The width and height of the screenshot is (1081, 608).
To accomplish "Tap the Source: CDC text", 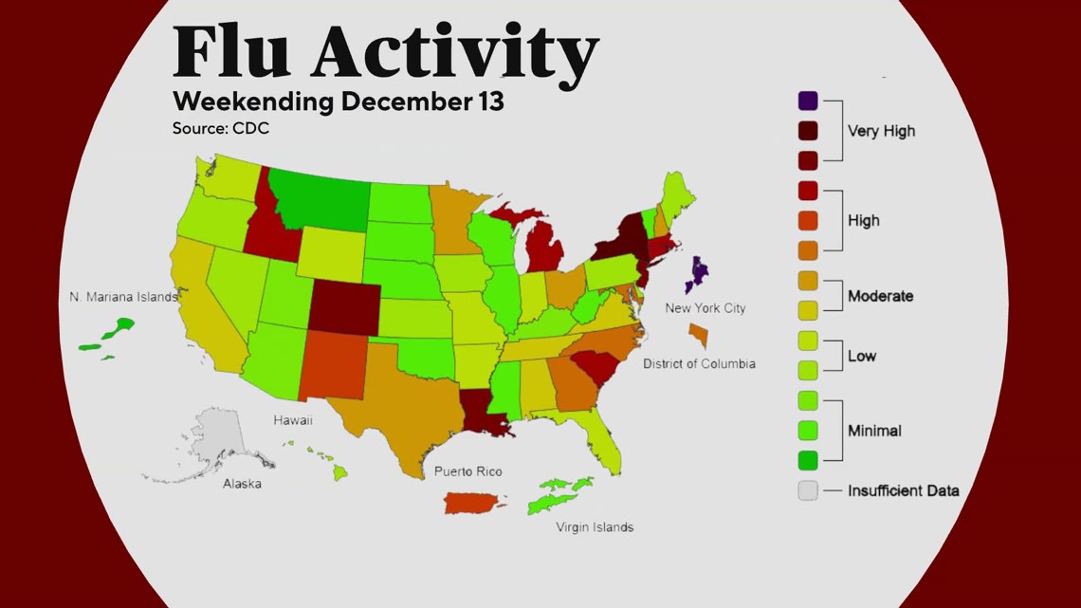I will click(x=220, y=128).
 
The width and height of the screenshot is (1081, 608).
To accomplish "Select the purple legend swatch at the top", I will click(x=808, y=101).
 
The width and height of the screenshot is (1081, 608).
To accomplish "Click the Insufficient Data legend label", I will click(x=903, y=490).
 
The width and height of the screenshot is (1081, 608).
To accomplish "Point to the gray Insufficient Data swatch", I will click(x=808, y=490).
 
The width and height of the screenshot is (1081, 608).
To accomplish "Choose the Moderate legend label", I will click(x=880, y=296).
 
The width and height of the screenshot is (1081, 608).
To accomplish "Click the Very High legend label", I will click(x=881, y=132).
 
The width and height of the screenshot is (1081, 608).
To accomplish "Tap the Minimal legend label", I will click(x=874, y=431).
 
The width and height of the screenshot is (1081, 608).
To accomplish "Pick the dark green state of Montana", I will click(x=320, y=198).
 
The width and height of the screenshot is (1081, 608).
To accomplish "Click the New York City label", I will click(x=705, y=308).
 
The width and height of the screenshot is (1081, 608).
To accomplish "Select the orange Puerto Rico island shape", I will click(x=477, y=502).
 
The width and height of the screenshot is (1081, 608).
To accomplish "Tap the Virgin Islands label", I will click(x=595, y=527).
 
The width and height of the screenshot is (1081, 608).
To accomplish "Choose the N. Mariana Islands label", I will click(x=123, y=297).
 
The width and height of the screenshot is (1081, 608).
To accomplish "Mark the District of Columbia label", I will click(x=699, y=364).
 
